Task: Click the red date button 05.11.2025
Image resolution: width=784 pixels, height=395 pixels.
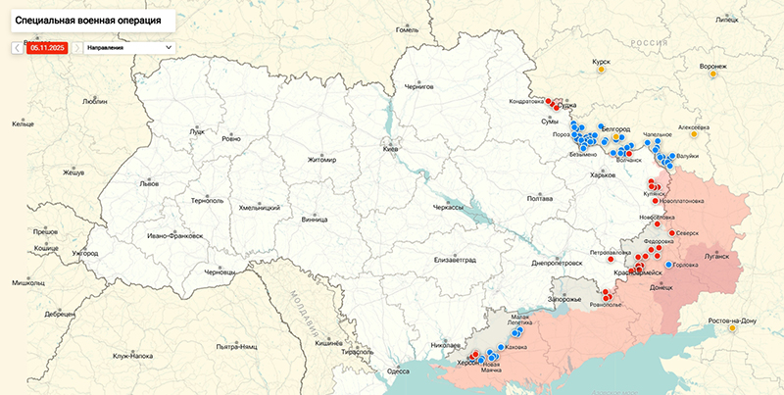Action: point(47,46)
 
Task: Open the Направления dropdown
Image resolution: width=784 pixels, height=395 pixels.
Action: point(128,46)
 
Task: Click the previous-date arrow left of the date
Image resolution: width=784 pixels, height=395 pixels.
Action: point(17,46)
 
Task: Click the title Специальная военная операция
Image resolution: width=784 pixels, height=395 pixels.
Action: point(86,20)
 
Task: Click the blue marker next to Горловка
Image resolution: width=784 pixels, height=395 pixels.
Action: point(668,265)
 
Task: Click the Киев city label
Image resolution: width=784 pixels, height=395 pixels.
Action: point(390,149)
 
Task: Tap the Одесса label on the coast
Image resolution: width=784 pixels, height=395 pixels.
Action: point(397,371)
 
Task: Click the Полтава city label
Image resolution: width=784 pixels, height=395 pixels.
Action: point(540,199)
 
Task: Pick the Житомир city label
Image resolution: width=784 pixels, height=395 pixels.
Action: point(320,160)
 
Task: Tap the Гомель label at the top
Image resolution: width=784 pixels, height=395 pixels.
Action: point(407,29)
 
